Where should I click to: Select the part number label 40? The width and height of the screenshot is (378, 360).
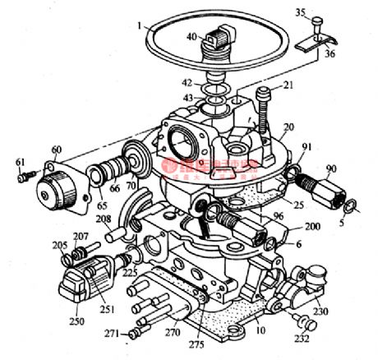point(191,36)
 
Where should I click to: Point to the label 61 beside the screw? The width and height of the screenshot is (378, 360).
point(19,162)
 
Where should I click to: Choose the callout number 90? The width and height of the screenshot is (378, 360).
point(330,168)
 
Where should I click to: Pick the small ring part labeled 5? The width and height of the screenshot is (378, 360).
point(348,205)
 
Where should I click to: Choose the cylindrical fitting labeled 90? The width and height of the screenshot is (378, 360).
point(325,191)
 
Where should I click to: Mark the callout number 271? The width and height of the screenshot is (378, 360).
point(110,335)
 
